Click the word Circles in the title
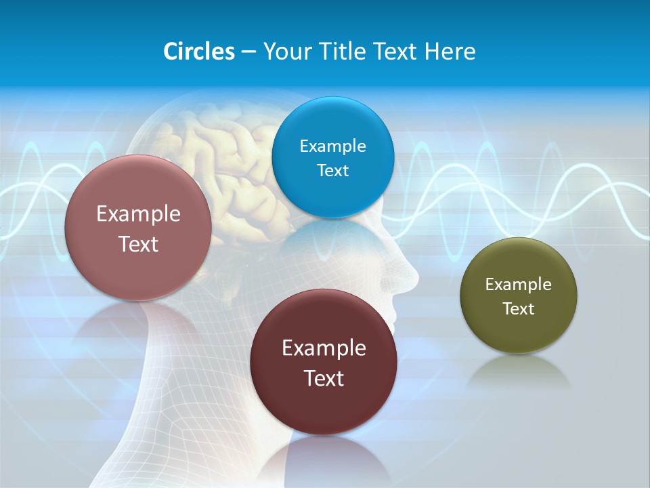(x=199, y=52)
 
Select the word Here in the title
(x=450, y=52)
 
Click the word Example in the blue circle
(x=332, y=146)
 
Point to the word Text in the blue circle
(x=332, y=170)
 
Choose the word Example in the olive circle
(x=519, y=285)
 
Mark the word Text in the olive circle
(x=519, y=309)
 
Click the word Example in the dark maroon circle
(x=324, y=348)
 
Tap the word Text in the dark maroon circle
(x=324, y=378)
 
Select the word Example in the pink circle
(x=138, y=214)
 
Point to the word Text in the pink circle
(x=138, y=244)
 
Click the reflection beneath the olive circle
(x=519, y=373)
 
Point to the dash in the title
(x=248, y=52)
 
